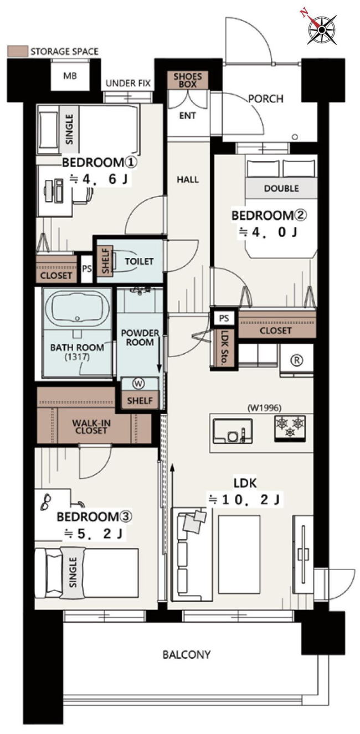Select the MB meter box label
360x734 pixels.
tap(70, 76)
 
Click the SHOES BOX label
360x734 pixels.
tap(188, 80)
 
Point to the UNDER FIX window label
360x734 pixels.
tap(128, 83)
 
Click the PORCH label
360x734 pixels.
tap(266, 99)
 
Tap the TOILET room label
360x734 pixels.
tap(139, 261)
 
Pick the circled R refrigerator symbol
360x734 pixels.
tap(297, 360)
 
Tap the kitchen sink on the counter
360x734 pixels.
tap(233, 431)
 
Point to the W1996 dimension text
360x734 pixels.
tap(265, 408)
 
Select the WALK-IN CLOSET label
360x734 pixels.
tap(91, 427)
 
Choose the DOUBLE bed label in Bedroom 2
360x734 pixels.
tap(281, 188)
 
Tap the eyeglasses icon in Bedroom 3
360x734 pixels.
tap(46, 502)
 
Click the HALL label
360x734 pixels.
tap(188, 179)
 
